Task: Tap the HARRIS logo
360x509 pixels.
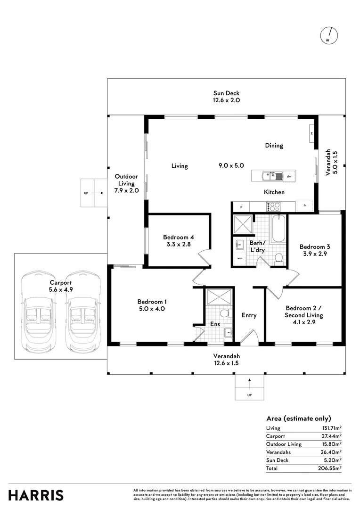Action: click(x=36, y=495)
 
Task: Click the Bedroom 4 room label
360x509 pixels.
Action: click(x=179, y=237)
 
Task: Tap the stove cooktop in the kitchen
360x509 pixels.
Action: click(x=274, y=206)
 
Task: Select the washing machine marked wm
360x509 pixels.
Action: click(x=240, y=258)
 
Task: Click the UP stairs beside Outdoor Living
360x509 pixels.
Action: click(x=93, y=193)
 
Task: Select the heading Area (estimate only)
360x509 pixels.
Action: click(x=298, y=419)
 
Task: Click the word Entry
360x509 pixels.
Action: click(x=249, y=315)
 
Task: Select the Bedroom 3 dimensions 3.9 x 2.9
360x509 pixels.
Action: click(x=314, y=254)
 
